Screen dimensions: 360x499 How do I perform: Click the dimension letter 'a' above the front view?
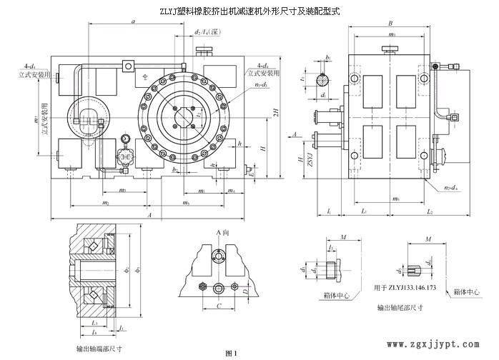134,22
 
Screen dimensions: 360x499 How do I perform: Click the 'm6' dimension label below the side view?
386,198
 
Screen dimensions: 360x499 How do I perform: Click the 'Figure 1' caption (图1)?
229,353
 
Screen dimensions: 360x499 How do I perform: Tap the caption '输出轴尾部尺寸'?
400,309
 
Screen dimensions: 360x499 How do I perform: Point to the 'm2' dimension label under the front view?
105,204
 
